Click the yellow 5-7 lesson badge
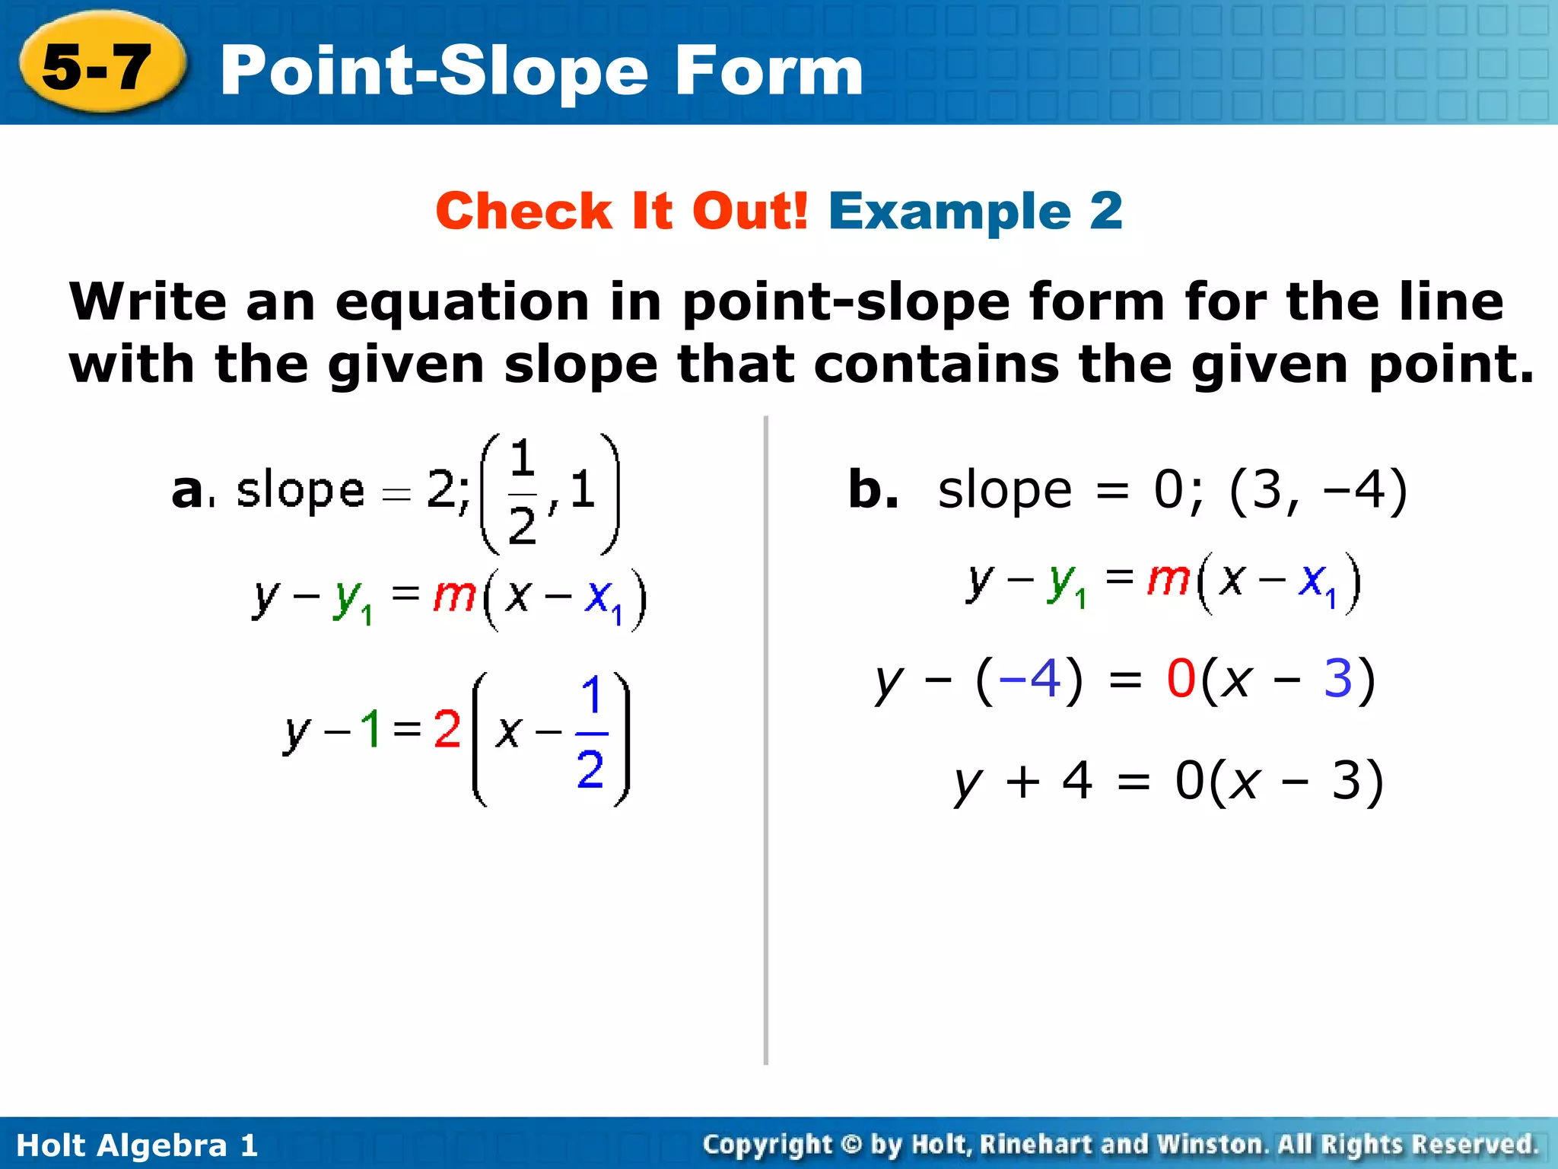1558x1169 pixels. [x=99, y=67]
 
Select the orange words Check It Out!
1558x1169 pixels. [x=621, y=211]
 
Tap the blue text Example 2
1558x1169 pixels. [x=975, y=211]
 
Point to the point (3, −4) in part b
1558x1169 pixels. [x=1318, y=491]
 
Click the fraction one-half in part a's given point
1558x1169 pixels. [x=522, y=492]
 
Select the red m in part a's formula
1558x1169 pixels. [x=454, y=596]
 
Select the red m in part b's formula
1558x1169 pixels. [x=1168, y=580]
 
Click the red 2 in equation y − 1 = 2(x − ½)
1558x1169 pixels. [x=447, y=729]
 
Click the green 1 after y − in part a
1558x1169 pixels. [x=370, y=728]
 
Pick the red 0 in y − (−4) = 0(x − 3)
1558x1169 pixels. [x=1181, y=679]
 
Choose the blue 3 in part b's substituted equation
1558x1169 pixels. [x=1338, y=679]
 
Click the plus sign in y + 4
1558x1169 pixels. [x=1022, y=782]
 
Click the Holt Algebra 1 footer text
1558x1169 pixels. [x=137, y=1145]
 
